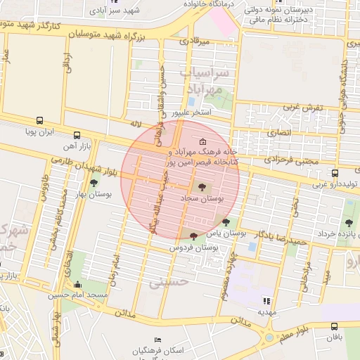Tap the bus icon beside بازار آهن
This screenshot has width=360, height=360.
pos(77,136)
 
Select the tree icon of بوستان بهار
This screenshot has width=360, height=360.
pos(94,183)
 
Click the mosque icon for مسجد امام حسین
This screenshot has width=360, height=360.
pos(77,284)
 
